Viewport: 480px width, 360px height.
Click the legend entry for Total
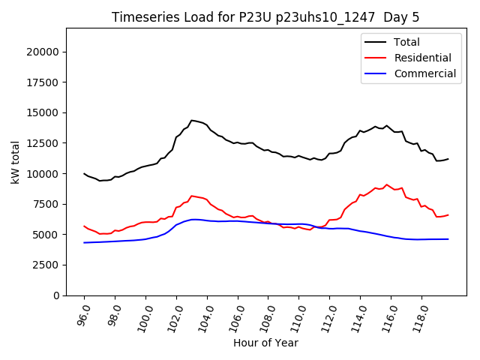pyautogui.click(x=406, y=42)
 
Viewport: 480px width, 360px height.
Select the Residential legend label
pyautogui.click(x=422, y=58)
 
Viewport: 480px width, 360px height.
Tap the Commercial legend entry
pyautogui.click(x=424, y=73)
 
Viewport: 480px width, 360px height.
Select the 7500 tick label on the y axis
pyautogui.click(x=46, y=204)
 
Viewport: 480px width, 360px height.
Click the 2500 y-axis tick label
pyautogui.click(x=46, y=265)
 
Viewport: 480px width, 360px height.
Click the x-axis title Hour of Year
pyautogui.click(x=266, y=343)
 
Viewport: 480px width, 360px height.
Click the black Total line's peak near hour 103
pyautogui.click(x=192, y=120)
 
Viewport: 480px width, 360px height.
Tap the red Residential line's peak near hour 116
pyautogui.click(x=387, y=184)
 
